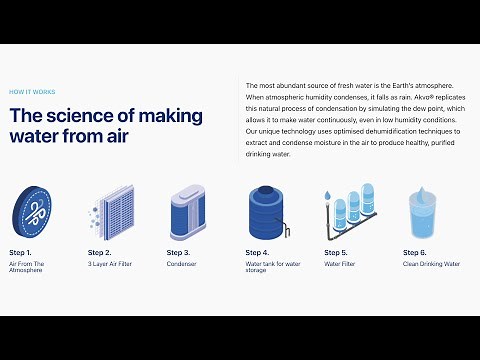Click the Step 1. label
pos(22,252)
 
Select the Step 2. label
pos(100,252)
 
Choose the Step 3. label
pos(179,252)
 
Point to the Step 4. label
pos(258,252)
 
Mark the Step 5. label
pos(337,252)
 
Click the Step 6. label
pos(415,252)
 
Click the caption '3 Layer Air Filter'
pos(111,264)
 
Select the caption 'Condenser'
pos(182,264)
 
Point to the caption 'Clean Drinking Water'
pos(431,264)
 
